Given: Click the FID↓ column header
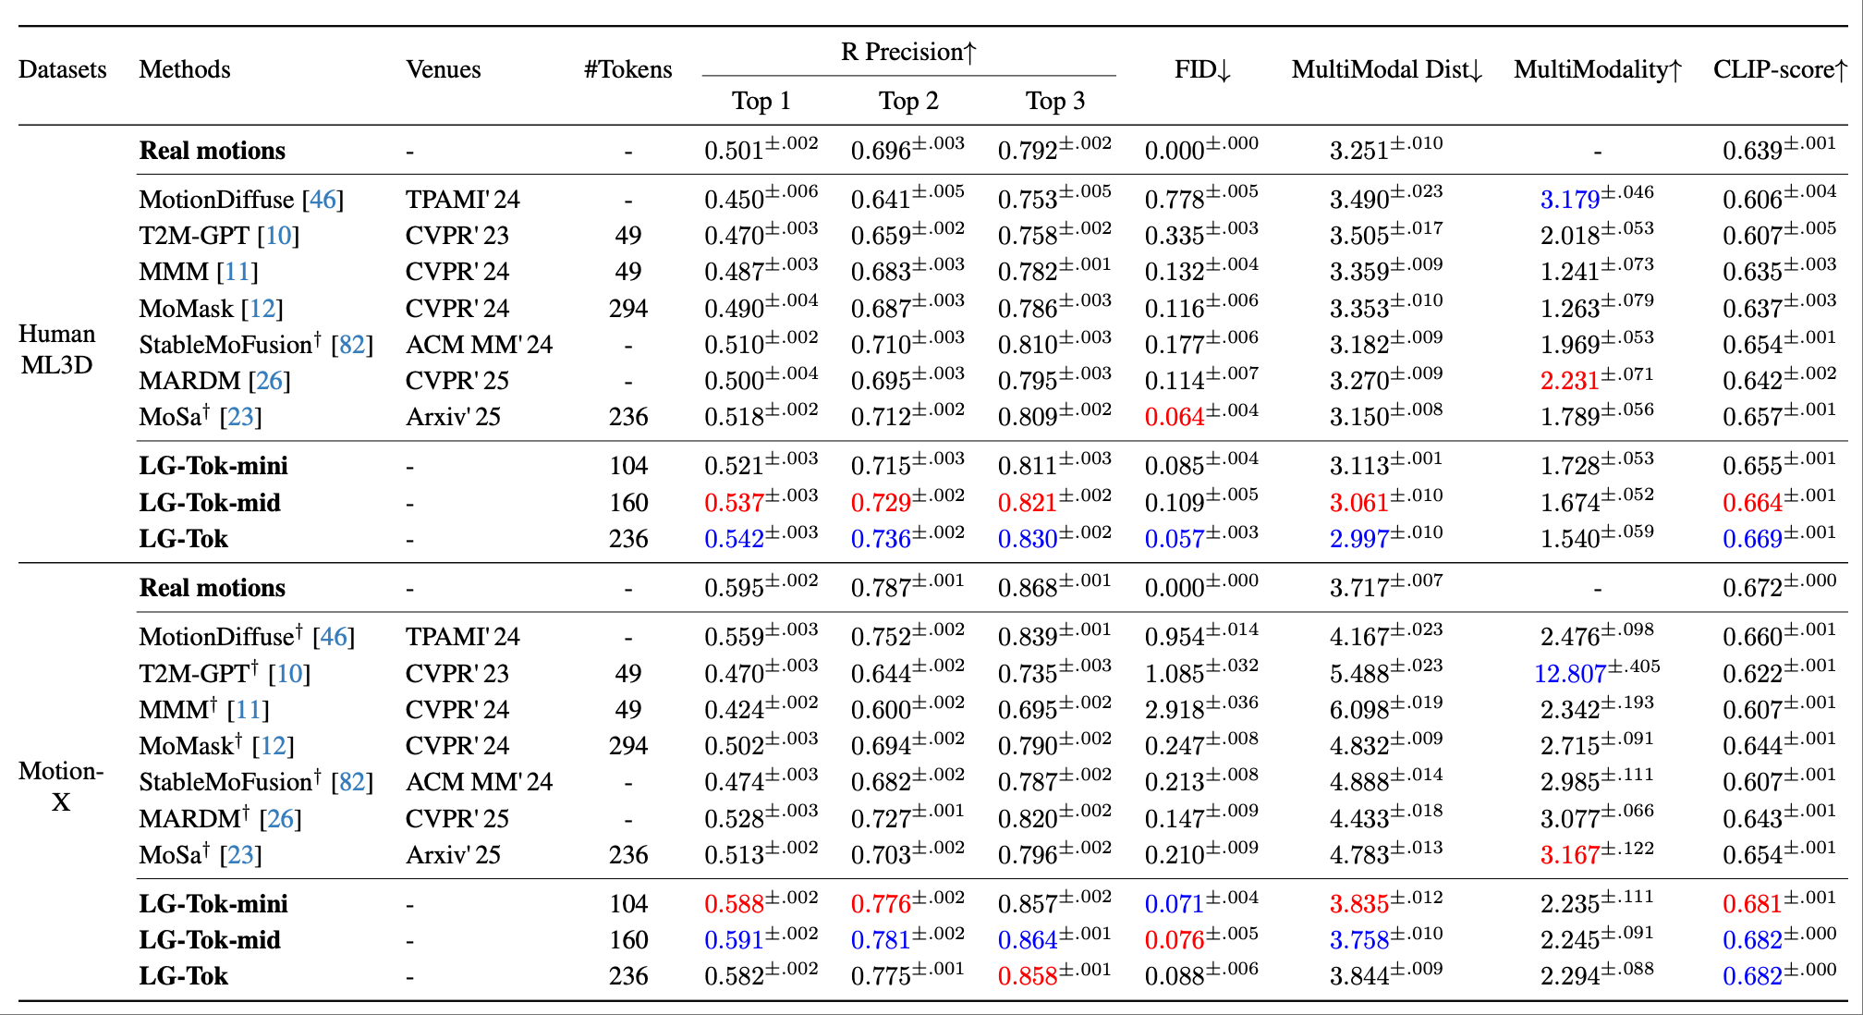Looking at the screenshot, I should (x=1202, y=69).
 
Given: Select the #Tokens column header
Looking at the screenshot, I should (x=627, y=69).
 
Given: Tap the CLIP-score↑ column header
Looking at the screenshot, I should (x=1780, y=69).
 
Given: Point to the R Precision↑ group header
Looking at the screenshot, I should (x=908, y=52).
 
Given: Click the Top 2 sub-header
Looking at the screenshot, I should (x=908, y=101).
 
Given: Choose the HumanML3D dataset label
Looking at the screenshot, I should (x=56, y=349).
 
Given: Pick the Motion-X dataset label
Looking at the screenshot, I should (x=61, y=787).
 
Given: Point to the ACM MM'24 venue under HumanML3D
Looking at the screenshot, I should (x=479, y=345).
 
